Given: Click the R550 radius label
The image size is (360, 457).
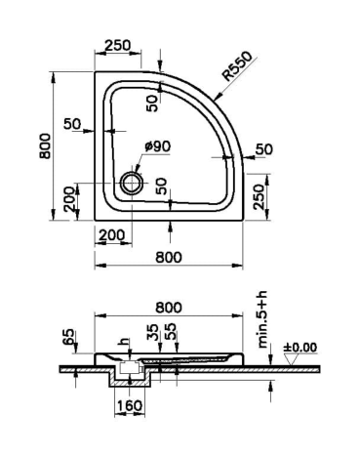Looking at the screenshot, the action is [238, 66].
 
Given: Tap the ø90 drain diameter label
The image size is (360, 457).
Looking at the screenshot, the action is [158, 146].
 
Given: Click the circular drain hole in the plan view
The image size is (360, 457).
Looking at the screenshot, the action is [132, 183].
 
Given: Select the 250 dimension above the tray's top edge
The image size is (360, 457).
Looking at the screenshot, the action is [117, 45].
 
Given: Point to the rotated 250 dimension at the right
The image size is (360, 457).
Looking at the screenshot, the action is [259, 196].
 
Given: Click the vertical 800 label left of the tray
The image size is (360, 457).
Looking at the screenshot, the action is [45, 145].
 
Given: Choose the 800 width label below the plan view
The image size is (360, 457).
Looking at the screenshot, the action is [169, 257].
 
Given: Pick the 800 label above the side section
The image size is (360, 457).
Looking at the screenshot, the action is [169, 307].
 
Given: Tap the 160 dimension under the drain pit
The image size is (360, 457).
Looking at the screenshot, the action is [130, 405].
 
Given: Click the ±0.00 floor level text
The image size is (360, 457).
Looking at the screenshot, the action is [300, 348].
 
